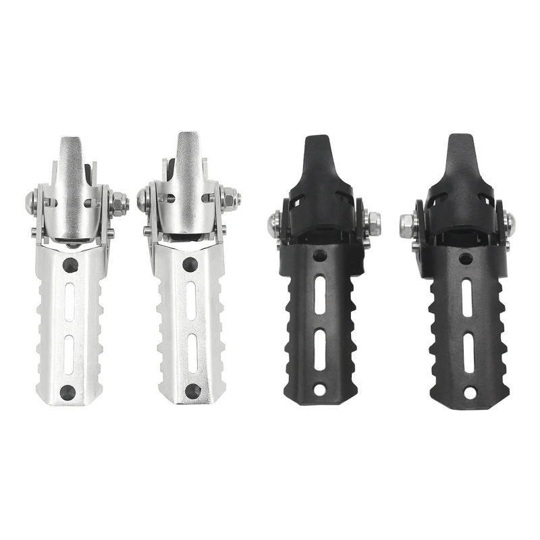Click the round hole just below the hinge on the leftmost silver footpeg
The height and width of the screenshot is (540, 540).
(x=70, y=265)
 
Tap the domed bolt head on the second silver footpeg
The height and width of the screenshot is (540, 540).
(x=143, y=198)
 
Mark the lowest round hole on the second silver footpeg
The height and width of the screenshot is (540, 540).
(x=193, y=390)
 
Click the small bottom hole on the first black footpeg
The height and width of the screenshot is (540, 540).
(x=319, y=389)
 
